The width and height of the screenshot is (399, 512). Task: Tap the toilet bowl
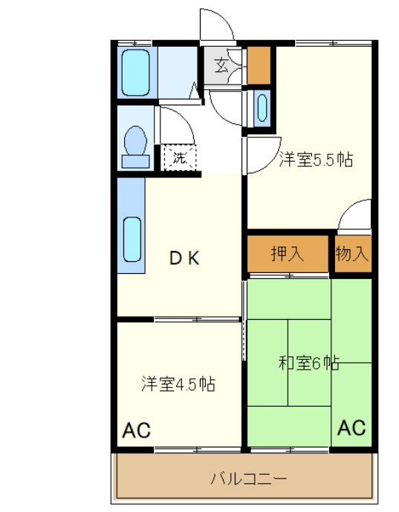[x=135, y=142]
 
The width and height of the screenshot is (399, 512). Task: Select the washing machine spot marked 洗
[x=179, y=157]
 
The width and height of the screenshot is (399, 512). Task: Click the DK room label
[x=184, y=258]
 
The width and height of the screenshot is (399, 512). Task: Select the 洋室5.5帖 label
[x=315, y=158]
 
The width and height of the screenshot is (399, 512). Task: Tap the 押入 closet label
[x=287, y=254]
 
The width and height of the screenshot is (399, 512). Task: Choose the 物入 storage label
[x=352, y=254]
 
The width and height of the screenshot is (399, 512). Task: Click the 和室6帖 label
[x=309, y=363]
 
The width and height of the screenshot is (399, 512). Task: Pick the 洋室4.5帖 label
[x=178, y=384]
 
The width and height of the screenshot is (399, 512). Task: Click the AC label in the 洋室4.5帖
[x=137, y=430]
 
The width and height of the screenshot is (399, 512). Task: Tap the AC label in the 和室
[x=351, y=427]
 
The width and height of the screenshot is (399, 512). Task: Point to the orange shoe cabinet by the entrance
[x=259, y=65]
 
